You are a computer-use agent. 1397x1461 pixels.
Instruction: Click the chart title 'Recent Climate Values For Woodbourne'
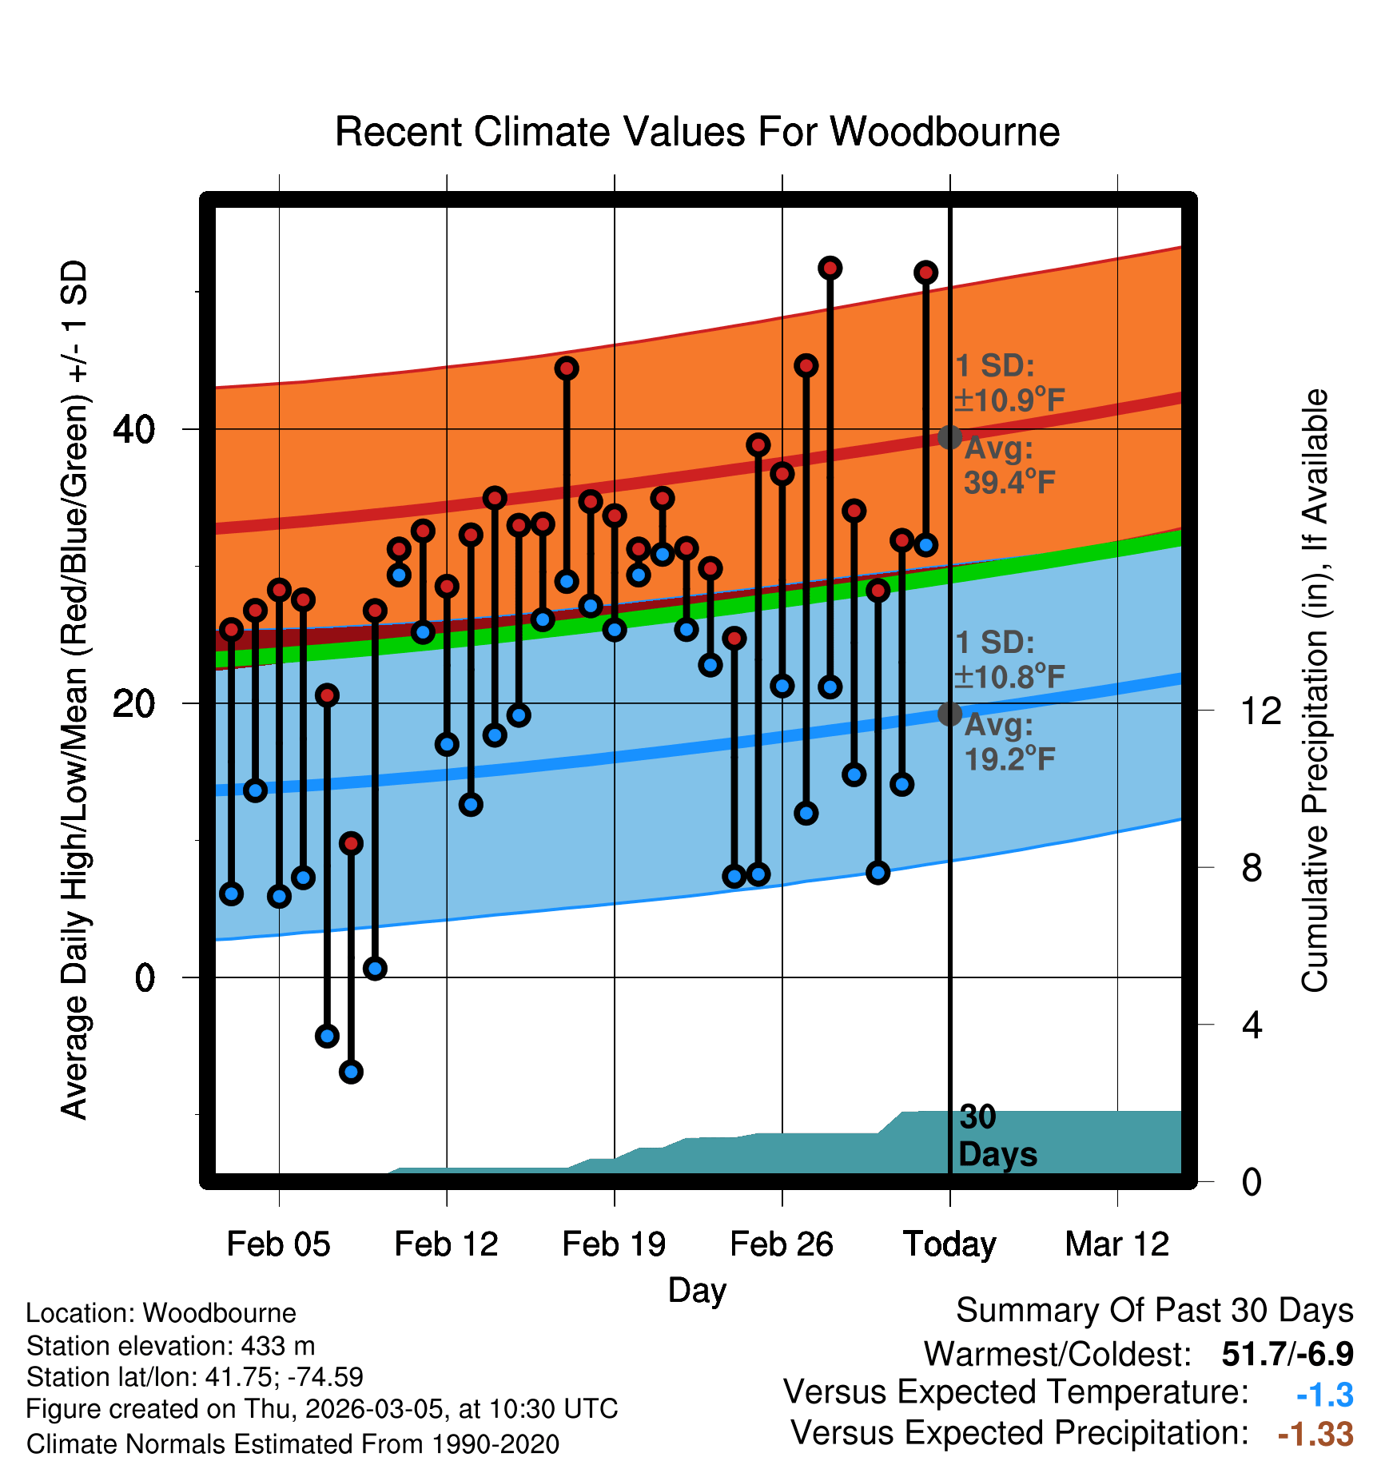click(697, 132)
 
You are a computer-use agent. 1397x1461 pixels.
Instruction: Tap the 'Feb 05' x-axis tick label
click(278, 1244)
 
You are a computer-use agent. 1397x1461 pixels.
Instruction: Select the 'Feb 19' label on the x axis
click(614, 1244)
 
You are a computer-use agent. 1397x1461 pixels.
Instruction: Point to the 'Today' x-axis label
click(949, 1244)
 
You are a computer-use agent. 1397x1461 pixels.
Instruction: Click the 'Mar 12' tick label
click(1117, 1244)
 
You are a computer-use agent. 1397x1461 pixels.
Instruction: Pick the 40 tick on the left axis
click(133, 430)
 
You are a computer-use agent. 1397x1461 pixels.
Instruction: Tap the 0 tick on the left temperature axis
click(145, 977)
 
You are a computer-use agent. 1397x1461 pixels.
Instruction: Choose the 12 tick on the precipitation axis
click(1261, 711)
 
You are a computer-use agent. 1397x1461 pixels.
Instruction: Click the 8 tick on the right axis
click(1252, 868)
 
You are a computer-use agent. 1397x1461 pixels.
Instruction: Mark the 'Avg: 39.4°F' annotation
click(1009, 465)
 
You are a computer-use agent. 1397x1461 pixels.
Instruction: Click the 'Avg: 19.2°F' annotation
click(1009, 742)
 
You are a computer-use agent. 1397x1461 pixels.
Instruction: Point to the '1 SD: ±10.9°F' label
click(1009, 383)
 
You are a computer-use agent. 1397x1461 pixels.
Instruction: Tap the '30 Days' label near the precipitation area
click(997, 1136)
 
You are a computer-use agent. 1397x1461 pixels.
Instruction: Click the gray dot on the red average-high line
click(949, 437)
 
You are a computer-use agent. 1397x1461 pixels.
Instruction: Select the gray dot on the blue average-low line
click(949, 714)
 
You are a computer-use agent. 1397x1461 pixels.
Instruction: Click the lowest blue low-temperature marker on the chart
click(351, 1072)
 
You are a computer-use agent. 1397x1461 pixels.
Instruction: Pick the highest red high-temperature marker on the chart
click(830, 268)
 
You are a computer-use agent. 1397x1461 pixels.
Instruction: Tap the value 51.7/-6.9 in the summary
click(1288, 1354)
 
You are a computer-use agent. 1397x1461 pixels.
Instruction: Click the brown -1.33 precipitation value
click(1315, 1434)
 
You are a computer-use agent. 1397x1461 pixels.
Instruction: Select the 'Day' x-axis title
click(697, 1290)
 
